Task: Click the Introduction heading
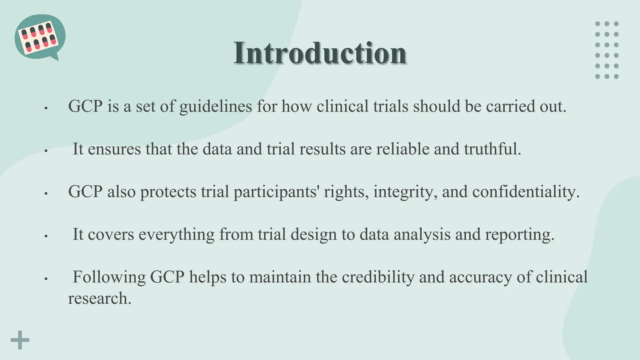320,53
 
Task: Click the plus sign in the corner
20,340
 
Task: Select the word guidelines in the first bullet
216,107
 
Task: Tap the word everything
177,235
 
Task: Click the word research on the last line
99,299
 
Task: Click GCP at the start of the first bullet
85,107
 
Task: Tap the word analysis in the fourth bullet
422,235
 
